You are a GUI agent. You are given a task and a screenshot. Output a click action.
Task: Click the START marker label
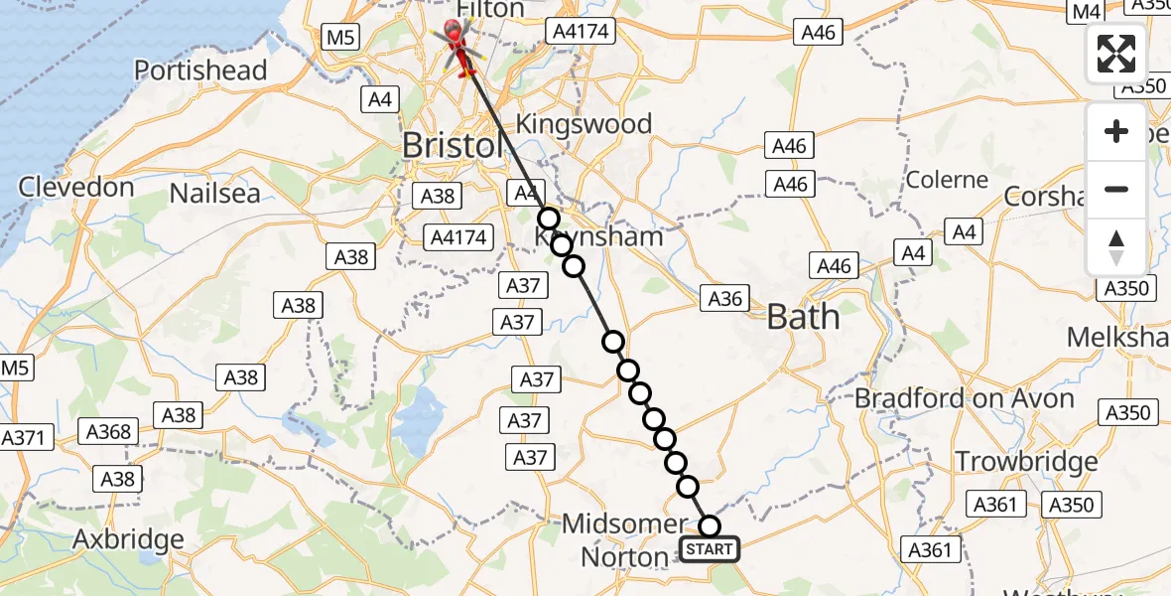[x=710, y=549]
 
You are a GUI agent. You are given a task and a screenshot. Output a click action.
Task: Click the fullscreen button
[x=1116, y=54]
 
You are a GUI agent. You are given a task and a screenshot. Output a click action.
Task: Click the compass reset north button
[x=1116, y=246]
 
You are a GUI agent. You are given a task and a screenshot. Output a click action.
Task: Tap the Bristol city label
[x=453, y=146]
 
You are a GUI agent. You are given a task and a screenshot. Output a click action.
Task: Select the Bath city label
[x=804, y=318]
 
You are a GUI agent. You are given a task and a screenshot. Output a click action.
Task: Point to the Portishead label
[x=200, y=71]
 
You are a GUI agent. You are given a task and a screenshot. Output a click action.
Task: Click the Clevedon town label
[x=75, y=187]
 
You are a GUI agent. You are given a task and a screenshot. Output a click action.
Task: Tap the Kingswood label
[x=585, y=124]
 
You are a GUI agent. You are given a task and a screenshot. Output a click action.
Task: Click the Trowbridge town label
[x=1026, y=462]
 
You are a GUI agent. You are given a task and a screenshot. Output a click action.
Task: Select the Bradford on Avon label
[x=965, y=399]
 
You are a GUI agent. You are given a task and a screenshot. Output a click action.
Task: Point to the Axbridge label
[x=128, y=540]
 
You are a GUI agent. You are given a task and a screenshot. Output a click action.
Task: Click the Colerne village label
[x=947, y=181]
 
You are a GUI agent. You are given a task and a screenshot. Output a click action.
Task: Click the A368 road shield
[x=108, y=431]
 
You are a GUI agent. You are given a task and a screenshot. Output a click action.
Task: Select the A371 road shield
[x=26, y=438]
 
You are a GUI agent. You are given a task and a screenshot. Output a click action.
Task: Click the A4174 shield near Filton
[x=580, y=33]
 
